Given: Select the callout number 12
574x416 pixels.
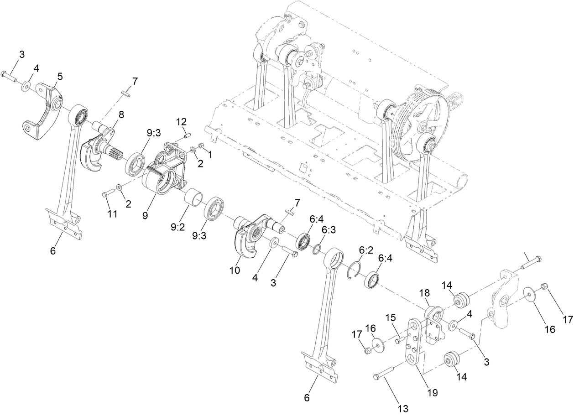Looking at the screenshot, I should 181,122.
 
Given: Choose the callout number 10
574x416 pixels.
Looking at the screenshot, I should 235,270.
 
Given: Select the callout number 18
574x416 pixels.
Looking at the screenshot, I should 425,292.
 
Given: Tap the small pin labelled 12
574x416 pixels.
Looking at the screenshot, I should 187,135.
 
